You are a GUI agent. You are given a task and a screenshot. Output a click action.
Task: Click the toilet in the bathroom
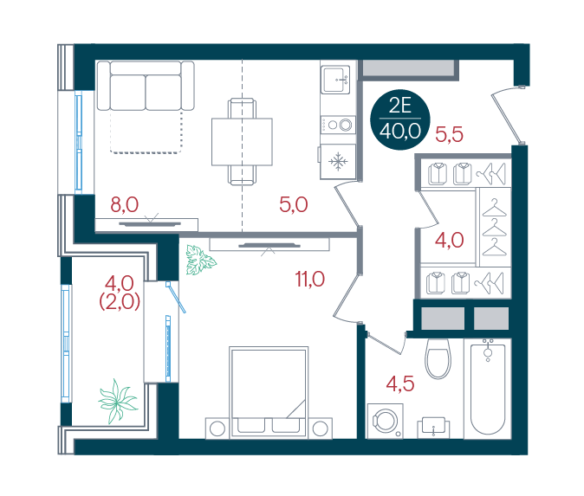pos(438,358)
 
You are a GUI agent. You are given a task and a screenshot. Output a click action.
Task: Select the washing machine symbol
pos(385,422)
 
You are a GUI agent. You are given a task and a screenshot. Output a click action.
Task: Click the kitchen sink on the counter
pos(335,80)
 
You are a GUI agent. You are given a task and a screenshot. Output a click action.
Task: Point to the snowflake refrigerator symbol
pos(338,161)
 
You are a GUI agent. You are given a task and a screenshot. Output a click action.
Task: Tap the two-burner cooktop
pos(338,125)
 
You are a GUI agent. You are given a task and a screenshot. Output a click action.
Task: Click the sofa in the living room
pos(146,86)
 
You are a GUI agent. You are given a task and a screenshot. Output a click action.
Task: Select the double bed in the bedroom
pos(269,392)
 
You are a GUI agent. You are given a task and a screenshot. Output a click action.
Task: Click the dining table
pos(242,142)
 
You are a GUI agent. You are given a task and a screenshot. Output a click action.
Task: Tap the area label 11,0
pos(310,279)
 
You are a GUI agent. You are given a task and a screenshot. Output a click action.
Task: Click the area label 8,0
pos(125,204)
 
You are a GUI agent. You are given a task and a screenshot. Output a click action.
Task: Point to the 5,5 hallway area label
pos(449,134)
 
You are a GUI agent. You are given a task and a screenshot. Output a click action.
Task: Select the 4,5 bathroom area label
pos(400,383)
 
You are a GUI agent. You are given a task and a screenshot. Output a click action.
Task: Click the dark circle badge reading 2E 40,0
pos(400,119)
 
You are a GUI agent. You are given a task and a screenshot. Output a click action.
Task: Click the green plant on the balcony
pos(118,401)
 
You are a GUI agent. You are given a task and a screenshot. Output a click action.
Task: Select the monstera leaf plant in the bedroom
pos(200,260)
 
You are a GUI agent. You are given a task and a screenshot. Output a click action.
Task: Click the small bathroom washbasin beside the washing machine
pos(433,427)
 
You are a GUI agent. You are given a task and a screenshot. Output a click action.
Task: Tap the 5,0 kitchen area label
pos(294,204)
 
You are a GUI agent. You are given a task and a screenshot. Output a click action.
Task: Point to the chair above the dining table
pos(242,108)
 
